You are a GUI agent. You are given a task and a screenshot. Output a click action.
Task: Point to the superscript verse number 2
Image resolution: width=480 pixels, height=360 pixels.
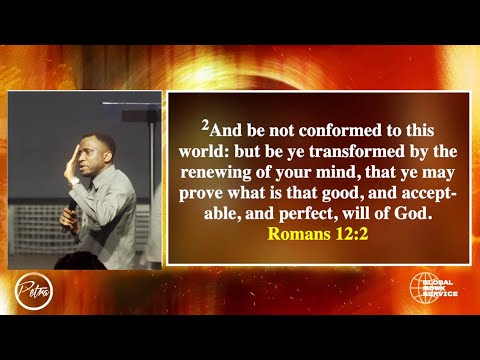point(205,127)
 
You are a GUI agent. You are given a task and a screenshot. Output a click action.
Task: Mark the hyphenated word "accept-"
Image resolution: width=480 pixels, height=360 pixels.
point(427,189)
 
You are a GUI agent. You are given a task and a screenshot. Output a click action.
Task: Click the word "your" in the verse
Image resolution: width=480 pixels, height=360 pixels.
point(288,170)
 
